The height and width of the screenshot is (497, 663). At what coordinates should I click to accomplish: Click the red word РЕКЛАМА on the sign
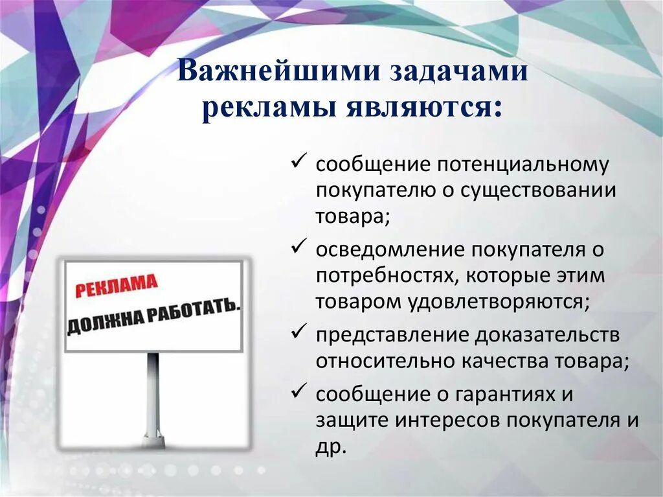tap(116, 286)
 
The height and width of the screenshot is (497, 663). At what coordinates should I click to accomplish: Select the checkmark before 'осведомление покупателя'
tap(300, 248)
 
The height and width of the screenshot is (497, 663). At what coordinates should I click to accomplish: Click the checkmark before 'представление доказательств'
tap(300, 333)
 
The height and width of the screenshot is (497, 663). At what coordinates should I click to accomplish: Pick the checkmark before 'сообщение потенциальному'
tap(300, 163)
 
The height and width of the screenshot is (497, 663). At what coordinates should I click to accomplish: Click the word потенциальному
tap(523, 164)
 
